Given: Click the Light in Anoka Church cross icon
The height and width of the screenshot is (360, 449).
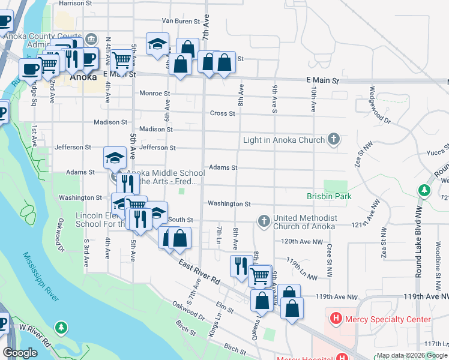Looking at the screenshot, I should pos(334,140).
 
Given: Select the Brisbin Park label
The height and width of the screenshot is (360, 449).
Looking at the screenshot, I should pos(328,196).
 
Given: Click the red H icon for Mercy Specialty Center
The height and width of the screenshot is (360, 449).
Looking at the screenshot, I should pos(336,319).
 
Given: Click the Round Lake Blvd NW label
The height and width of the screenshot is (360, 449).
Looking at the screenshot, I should pos(418,239).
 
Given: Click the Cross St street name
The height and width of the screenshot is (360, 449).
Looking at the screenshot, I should pos(221,113).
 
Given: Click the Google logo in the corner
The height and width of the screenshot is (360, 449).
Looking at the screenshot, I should pos(20,353).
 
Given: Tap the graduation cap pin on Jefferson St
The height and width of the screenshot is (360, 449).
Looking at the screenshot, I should pos(115,158).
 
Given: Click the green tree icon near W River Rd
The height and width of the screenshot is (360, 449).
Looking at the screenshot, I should pos(61,328).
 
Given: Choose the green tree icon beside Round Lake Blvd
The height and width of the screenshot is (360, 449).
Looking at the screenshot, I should pos(424,190).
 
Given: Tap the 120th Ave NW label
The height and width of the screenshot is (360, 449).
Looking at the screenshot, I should pos(298,241).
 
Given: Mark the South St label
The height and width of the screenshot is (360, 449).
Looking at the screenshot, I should pos(181,220).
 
